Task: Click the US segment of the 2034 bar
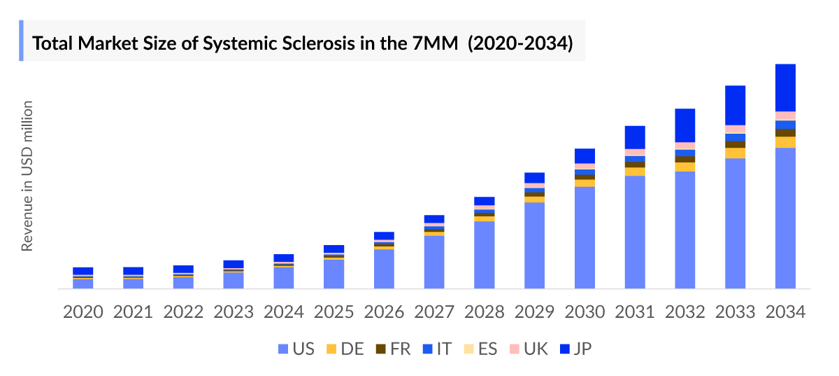(x=785, y=218)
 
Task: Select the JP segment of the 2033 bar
(x=735, y=105)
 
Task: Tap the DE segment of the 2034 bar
(x=785, y=142)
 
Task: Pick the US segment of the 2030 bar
(x=585, y=237)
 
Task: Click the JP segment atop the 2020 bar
(x=83, y=271)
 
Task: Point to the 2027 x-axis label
(x=434, y=312)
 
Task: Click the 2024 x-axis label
(x=283, y=312)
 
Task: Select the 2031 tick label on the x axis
(x=635, y=312)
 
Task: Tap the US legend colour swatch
(x=282, y=348)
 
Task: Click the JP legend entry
(x=575, y=348)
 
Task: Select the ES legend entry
(x=480, y=348)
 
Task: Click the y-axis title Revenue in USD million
(x=27, y=176)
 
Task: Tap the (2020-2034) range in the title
(x=520, y=44)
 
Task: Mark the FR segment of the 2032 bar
(x=685, y=160)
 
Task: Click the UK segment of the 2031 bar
(x=635, y=152)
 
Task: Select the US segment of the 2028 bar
(x=484, y=254)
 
